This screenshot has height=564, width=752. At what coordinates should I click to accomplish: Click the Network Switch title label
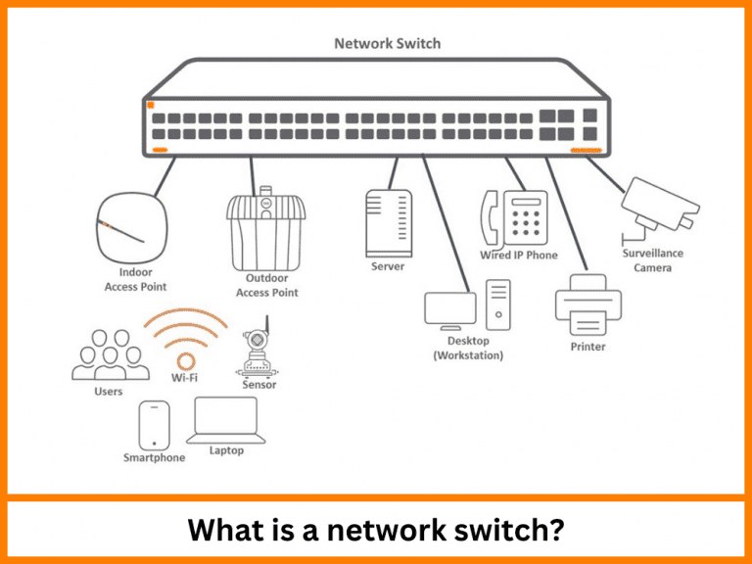click(x=387, y=43)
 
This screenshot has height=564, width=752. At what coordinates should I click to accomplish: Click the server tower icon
click(x=387, y=221)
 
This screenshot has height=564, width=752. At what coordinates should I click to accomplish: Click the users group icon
click(x=109, y=354)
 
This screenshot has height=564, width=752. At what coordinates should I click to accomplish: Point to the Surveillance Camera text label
click(x=653, y=260)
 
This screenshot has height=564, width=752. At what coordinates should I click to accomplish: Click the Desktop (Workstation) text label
click(x=468, y=348)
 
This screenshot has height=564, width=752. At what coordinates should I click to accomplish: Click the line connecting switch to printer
click(x=564, y=215)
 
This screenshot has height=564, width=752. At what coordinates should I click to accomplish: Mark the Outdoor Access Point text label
click(x=266, y=285)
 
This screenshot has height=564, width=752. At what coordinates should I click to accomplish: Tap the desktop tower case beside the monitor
click(x=497, y=305)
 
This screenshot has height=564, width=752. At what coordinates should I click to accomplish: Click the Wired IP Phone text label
click(x=518, y=256)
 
